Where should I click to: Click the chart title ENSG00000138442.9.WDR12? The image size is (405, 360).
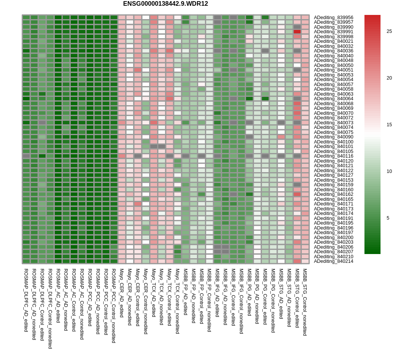pos(165,4)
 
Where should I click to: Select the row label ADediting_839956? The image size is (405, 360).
pos(333,18)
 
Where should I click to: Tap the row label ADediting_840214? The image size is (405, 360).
pos(333,261)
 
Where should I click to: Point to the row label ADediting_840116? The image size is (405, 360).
pos(333,156)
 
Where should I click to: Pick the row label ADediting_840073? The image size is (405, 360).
pos(333,122)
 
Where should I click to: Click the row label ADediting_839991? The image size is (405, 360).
pos(333,32)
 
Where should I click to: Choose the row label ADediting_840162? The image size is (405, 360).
pos(333,194)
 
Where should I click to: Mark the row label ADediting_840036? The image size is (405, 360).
pos(333,51)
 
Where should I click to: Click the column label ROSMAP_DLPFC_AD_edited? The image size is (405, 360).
pos(26,300)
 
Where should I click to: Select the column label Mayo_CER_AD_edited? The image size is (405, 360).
pos(121,293)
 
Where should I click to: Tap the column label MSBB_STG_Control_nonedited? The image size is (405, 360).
pos(305,302)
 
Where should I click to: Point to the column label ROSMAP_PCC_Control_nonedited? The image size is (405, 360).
pos(113,306)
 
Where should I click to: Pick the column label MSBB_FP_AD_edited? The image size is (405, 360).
pos(185,292)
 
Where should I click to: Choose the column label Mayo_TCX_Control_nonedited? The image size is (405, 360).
pos(177,301)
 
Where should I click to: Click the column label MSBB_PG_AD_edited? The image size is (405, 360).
pos(249,292)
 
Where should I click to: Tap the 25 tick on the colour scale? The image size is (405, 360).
pos(389,31)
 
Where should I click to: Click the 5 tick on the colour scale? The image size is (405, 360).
pos(388,218)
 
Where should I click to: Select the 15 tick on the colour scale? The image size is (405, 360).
pos(389,125)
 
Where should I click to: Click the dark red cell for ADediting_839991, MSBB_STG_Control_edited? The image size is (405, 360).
pos(297,32)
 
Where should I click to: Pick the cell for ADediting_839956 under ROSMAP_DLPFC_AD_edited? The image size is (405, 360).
pos(26,18)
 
